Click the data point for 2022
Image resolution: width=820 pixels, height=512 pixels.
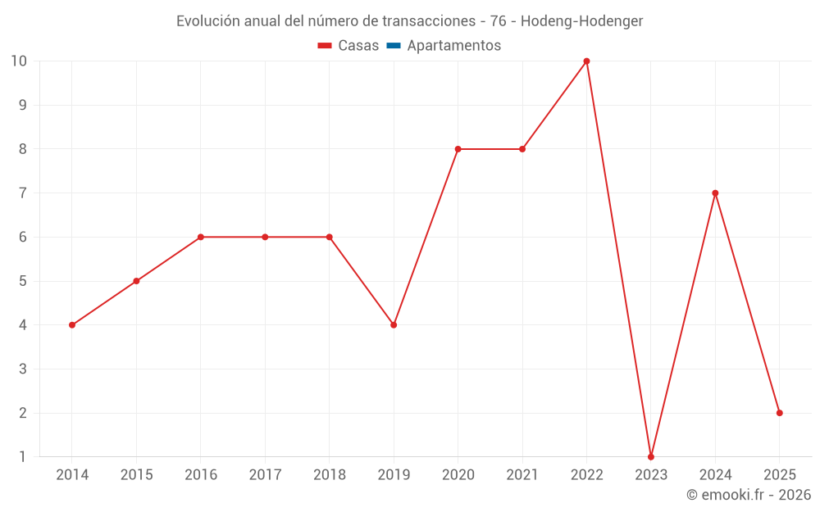coord(586,61)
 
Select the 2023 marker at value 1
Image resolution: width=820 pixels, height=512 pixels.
coord(651,456)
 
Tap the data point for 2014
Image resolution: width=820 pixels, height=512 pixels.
coord(72,325)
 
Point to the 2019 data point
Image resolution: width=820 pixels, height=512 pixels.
coord(394,325)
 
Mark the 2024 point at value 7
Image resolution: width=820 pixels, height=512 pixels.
coord(715,193)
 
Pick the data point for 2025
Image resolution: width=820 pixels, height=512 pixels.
coord(779,413)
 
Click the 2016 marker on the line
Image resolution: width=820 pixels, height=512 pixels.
coord(201,237)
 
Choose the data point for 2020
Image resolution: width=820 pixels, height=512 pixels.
coord(458,149)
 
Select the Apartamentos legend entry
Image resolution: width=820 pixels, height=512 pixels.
coord(453,46)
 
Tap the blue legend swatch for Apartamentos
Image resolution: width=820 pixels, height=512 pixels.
coord(393,46)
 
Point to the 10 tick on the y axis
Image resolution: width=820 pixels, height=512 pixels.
coord(19,61)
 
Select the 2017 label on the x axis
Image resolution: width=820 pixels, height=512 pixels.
coord(265,475)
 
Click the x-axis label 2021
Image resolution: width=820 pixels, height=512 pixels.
coord(522,475)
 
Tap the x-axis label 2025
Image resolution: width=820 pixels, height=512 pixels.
coord(779,475)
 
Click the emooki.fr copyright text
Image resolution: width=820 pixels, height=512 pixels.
coord(749,495)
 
